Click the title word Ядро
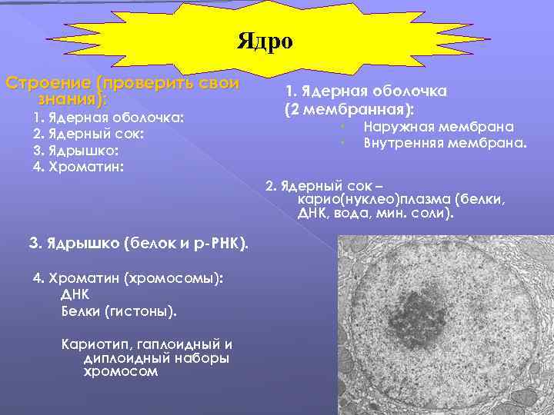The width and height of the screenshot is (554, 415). pos(265,41)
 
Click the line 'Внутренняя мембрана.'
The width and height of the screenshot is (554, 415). pos(445,143)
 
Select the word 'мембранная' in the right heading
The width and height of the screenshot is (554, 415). pos(357,108)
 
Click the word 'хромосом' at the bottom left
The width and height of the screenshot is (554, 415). pos(121,372)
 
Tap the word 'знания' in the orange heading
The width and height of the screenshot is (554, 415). pos(68,99)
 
